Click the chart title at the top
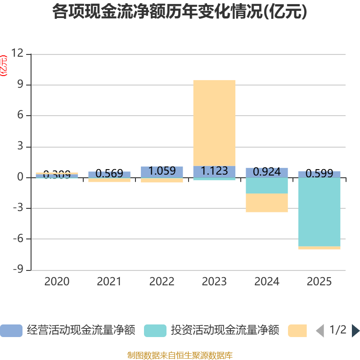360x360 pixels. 180,12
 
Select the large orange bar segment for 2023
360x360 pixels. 214,123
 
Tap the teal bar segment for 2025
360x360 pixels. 319,212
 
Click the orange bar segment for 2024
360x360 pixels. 267,203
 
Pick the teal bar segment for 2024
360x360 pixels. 267,185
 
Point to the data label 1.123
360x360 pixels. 214,171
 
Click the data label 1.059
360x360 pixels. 162,171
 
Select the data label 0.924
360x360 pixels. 267,172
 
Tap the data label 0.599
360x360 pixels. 319,174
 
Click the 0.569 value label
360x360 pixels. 109,174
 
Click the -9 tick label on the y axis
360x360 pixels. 17,270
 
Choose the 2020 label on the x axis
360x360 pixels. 57,282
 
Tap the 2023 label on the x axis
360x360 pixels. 214,282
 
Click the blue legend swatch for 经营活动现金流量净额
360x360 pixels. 11,331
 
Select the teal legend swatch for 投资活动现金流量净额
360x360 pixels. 155,331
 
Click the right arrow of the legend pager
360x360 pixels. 355,331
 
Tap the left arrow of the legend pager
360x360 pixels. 319,331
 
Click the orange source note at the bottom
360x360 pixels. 180,355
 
